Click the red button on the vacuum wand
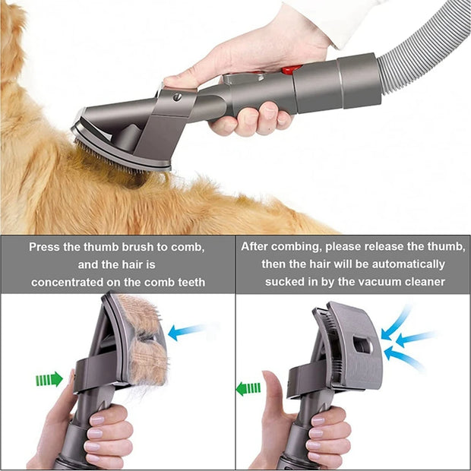tap(289, 69)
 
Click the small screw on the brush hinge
tap(177, 97)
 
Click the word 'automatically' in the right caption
tap(407, 264)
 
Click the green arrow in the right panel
tap(248, 389)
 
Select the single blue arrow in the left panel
tap(185, 331)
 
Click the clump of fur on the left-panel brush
tap(145, 342)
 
